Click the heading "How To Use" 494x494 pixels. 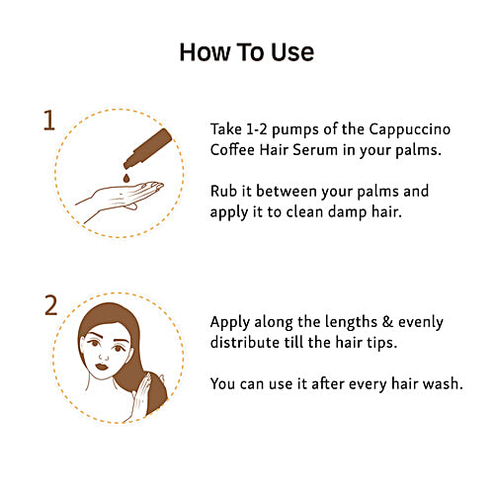click(x=247, y=52)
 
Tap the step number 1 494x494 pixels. click(x=49, y=121)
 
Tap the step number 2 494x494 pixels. click(x=51, y=305)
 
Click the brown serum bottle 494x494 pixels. click(x=148, y=148)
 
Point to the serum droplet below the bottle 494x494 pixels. click(x=126, y=178)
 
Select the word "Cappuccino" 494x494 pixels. click(x=409, y=130)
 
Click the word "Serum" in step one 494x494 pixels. click(x=315, y=150)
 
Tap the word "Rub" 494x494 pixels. click(x=223, y=191)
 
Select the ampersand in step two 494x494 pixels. click(x=387, y=322)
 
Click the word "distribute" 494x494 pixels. click(x=245, y=343)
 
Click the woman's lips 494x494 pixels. click(x=102, y=367)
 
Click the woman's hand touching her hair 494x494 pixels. click(x=140, y=398)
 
